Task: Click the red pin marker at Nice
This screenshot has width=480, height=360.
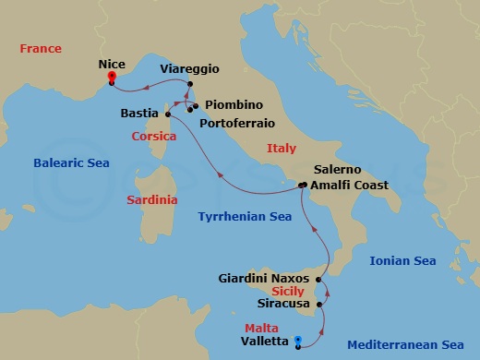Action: point(111,78)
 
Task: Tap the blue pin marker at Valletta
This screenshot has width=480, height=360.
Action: point(297,342)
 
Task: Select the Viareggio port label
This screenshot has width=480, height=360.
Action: point(189,69)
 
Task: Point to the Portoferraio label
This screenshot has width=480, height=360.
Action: point(238,120)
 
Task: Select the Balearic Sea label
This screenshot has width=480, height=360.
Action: point(71,163)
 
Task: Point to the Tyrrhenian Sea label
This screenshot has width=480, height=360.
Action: point(246,216)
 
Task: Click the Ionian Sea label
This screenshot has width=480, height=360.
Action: point(402,261)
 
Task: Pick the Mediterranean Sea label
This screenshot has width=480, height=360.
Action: point(405,345)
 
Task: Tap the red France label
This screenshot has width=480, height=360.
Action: point(40,48)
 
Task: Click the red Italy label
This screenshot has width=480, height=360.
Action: point(282,148)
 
